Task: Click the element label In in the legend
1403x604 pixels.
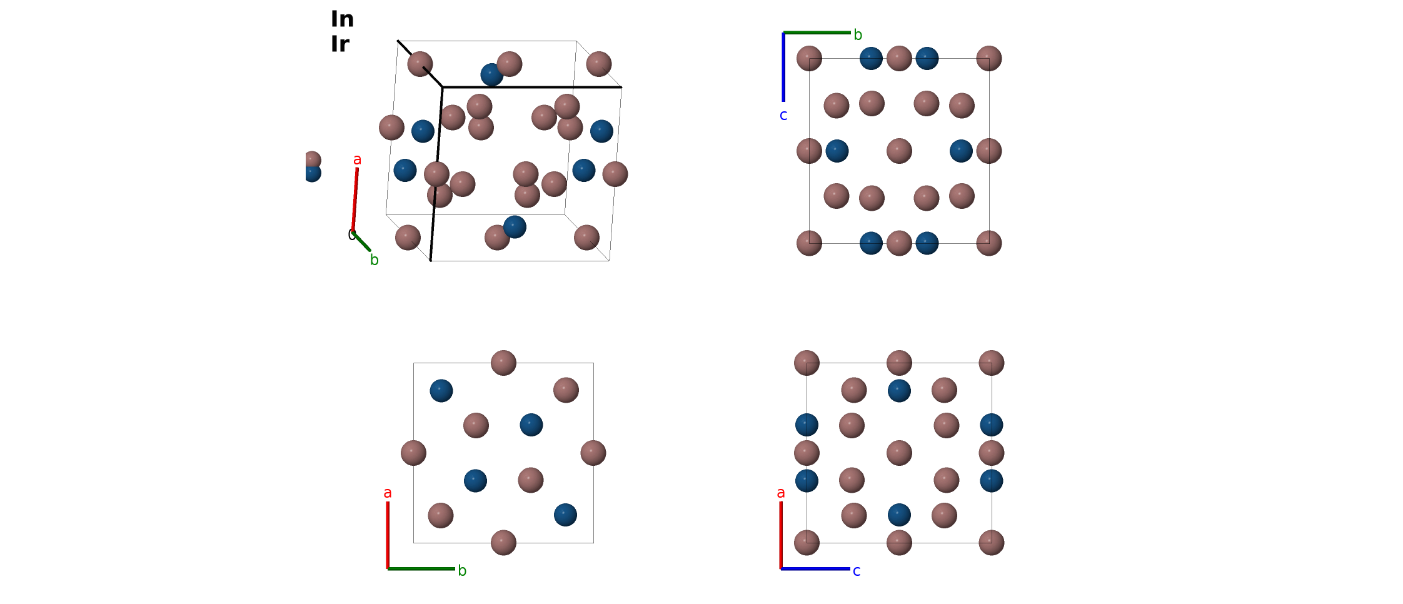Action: [x=342, y=19]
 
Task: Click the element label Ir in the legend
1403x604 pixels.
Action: [x=340, y=44]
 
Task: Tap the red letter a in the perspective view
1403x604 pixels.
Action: [x=357, y=160]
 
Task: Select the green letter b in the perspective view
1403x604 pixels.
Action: [x=374, y=260]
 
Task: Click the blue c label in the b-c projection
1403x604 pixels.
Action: [x=783, y=116]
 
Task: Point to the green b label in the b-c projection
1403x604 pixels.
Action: [x=858, y=35]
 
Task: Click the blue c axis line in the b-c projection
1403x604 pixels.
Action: [x=783, y=67]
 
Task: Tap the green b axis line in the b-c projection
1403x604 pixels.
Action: [x=817, y=33]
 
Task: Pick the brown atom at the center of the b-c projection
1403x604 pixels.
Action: [x=899, y=151]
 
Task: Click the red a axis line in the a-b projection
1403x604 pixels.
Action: [x=388, y=535]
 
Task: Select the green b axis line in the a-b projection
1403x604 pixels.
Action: [x=421, y=569]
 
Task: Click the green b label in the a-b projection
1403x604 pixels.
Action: [x=462, y=571]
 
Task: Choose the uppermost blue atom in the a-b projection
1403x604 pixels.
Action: [x=441, y=391]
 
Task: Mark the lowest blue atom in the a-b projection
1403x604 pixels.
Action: [x=565, y=515]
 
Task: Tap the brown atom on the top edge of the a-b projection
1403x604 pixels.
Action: [x=503, y=363]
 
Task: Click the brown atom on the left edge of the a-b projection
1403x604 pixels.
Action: [x=413, y=453]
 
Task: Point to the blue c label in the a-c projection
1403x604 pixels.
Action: [x=857, y=571]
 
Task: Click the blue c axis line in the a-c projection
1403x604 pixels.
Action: [x=815, y=569]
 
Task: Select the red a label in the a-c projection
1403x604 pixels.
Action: [x=781, y=493]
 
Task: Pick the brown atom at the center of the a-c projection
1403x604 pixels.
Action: [x=899, y=453]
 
